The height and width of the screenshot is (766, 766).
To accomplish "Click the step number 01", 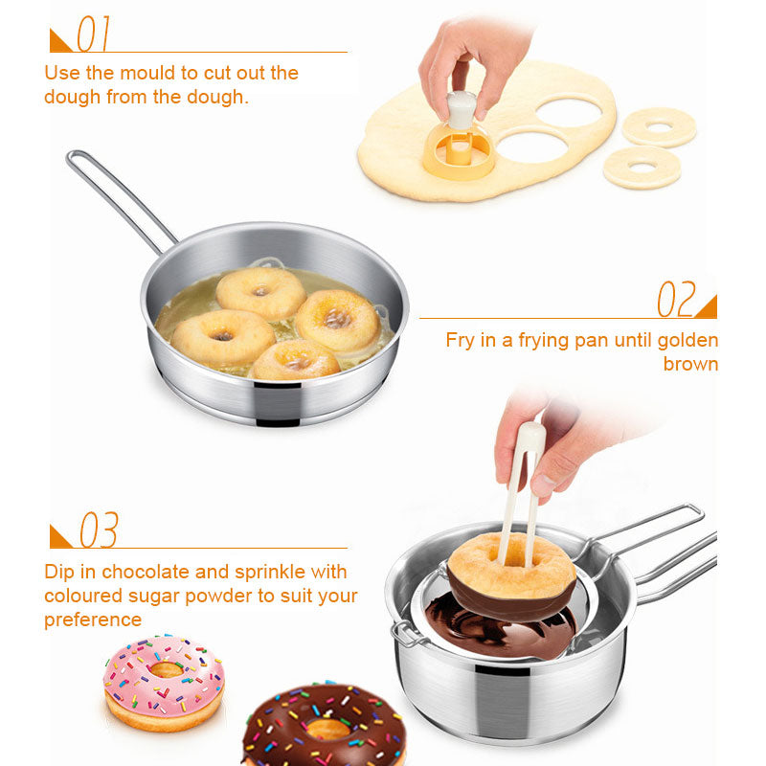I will click(x=94, y=34).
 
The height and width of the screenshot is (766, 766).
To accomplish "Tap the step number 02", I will click(x=675, y=300).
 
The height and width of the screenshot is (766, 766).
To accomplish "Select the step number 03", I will click(x=99, y=530).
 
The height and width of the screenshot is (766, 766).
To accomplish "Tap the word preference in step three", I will click(x=93, y=619).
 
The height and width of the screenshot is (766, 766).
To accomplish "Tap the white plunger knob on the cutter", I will click(x=462, y=108).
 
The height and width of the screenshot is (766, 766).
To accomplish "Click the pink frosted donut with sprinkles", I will click(x=163, y=680).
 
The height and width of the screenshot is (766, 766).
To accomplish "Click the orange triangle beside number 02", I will click(x=706, y=306).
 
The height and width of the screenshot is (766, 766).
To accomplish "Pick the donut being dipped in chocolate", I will click(x=512, y=574).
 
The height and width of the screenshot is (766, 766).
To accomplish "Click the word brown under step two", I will click(x=690, y=365).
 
